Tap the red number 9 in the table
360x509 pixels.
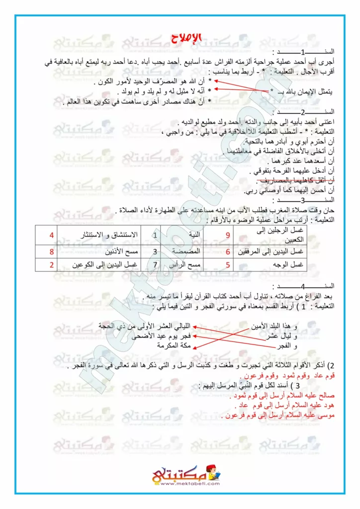tap(228, 234)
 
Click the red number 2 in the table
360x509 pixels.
tap(51, 265)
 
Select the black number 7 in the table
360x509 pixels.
tap(155, 265)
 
